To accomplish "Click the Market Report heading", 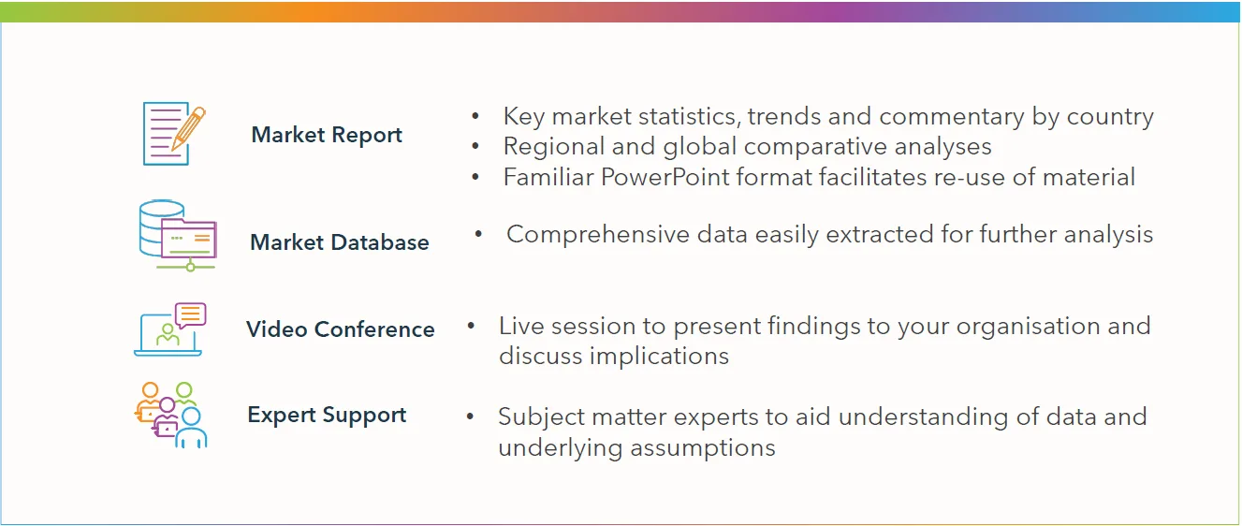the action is [x=327, y=135].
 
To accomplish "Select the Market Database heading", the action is [x=340, y=242].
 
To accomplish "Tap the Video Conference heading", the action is [x=341, y=329].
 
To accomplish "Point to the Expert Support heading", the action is [x=327, y=416].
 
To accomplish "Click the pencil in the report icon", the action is [x=188, y=128].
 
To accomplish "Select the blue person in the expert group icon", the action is [x=191, y=428].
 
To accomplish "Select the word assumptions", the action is [x=703, y=447].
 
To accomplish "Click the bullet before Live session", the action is [x=471, y=326].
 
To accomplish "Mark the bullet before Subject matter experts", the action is [x=470, y=416].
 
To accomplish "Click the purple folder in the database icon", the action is [x=189, y=239].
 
